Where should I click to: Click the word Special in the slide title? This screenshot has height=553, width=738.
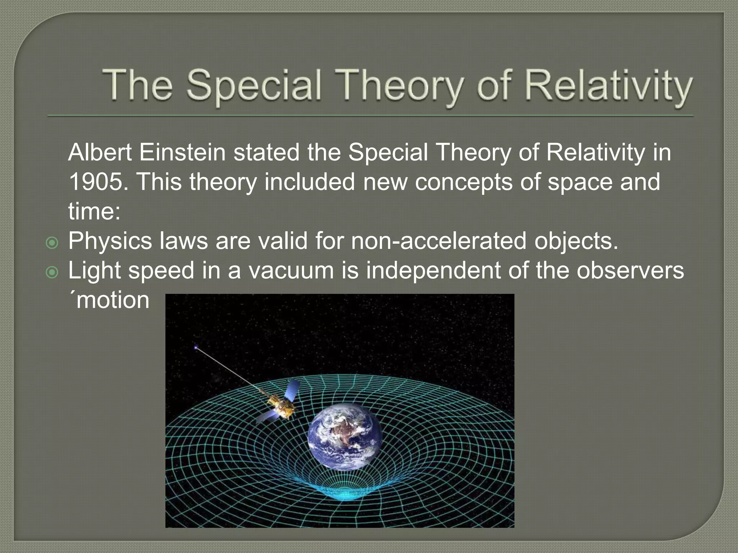(254, 86)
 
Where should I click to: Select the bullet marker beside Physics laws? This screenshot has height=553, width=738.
(52, 243)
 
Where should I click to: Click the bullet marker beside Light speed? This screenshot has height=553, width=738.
(52, 273)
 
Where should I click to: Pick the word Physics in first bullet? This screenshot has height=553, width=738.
(110, 241)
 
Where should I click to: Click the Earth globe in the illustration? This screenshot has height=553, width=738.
(345, 436)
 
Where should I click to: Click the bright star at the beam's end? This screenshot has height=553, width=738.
(196, 347)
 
